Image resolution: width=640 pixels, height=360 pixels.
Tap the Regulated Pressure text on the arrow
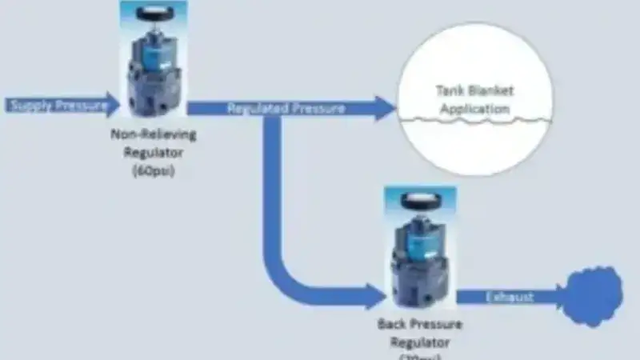click(286, 108)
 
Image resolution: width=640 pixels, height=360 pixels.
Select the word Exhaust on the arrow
click(509, 298)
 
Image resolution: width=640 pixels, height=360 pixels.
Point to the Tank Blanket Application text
click(475, 100)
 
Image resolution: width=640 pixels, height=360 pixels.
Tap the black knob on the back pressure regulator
click(420, 200)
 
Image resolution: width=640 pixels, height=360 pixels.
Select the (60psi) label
click(152, 170)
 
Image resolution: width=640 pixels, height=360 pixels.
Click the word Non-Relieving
click(152, 134)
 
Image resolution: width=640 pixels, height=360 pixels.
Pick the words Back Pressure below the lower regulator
click(419, 326)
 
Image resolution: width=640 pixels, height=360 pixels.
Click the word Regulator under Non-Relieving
click(152, 152)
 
